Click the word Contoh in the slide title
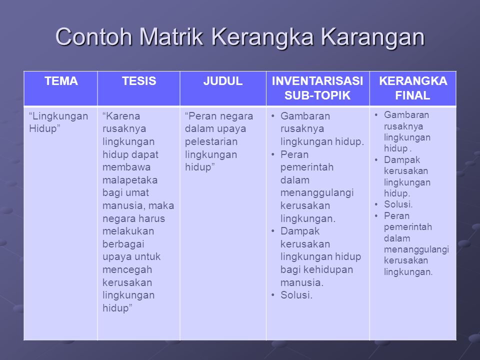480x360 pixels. (93, 37)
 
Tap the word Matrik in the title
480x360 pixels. (171, 37)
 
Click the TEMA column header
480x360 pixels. (61, 81)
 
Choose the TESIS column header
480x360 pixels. (139, 81)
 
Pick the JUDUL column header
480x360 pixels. (223, 81)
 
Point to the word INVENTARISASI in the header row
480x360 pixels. (317, 81)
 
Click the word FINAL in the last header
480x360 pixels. (412, 95)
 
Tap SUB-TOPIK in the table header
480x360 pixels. (317, 95)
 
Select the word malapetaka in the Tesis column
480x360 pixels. (130, 180)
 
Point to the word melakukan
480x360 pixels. (128, 231)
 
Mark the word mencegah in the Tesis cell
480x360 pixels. (127, 270)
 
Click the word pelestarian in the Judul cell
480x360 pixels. (211, 141)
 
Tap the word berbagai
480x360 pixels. (123, 244)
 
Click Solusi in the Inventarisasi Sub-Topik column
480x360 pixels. (296, 295)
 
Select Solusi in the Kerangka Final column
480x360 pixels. (398, 204)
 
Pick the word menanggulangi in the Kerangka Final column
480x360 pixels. (416, 250)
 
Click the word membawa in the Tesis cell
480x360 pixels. (126, 167)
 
